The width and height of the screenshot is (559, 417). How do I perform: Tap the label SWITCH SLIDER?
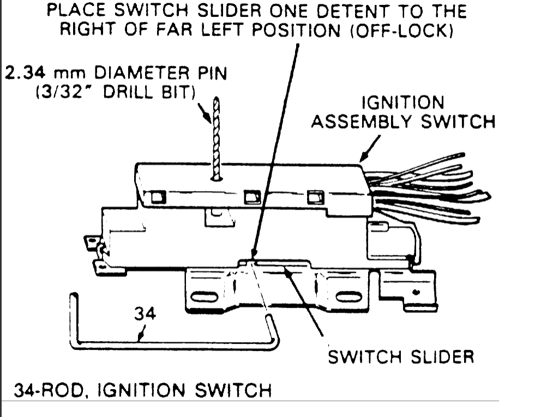tap(400, 357)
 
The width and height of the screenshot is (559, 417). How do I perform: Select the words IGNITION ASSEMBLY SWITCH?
tap(403, 112)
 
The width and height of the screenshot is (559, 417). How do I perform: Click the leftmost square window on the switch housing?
tap(159, 197)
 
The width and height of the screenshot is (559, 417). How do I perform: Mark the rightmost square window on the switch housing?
tap(315, 197)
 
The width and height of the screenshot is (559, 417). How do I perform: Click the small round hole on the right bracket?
tap(417, 293)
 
